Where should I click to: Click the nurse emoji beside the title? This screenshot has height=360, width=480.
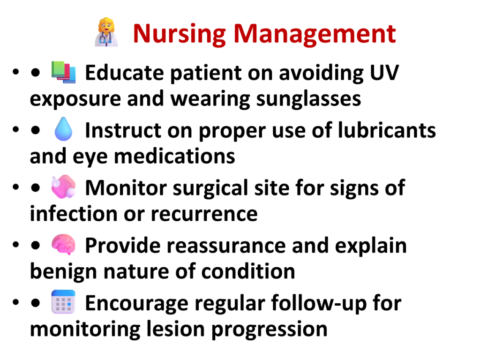pyautogui.click(x=106, y=32)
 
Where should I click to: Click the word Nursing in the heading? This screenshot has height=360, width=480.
pyautogui.click(x=180, y=34)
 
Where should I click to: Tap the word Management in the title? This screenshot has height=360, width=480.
pyautogui.click(x=315, y=34)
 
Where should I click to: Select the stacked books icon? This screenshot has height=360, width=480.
pyautogui.click(x=63, y=72)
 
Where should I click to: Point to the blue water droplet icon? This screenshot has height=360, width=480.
pyautogui.click(x=63, y=129)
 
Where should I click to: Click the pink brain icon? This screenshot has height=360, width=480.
pyautogui.click(x=63, y=244)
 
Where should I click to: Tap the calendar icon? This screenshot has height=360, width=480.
pyautogui.click(x=63, y=302)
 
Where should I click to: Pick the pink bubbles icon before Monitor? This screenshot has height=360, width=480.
pyautogui.click(x=63, y=187)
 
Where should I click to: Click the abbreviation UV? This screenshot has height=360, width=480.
pyautogui.click(x=384, y=73)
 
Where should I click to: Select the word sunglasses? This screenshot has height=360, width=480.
pyautogui.click(x=308, y=99)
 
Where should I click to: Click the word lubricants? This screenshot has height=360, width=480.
pyautogui.click(x=387, y=130)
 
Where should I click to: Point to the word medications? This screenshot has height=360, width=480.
pyautogui.click(x=174, y=156)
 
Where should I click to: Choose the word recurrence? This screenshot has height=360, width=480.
pyautogui.click(x=204, y=214)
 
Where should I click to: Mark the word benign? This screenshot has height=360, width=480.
pyautogui.click(x=63, y=272)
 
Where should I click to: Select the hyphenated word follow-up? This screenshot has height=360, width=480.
pyautogui.click(x=319, y=303)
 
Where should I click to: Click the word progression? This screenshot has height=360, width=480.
pyautogui.click(x=270, y=330)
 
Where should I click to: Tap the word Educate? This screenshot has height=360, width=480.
pyautogui.click(x=125, y=73)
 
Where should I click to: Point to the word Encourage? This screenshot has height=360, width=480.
pyautogui.click(x=137, y=304)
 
